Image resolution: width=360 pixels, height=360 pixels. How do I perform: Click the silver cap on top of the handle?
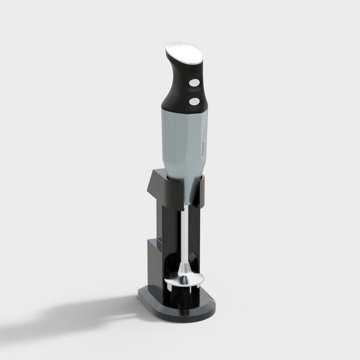(x=183, y=52)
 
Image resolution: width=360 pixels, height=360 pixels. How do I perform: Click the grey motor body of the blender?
(x=183, y=141)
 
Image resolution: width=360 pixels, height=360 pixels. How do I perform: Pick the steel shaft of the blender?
(x=184, y=231)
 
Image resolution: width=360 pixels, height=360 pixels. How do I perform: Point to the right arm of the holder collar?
(x=201, y=190)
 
